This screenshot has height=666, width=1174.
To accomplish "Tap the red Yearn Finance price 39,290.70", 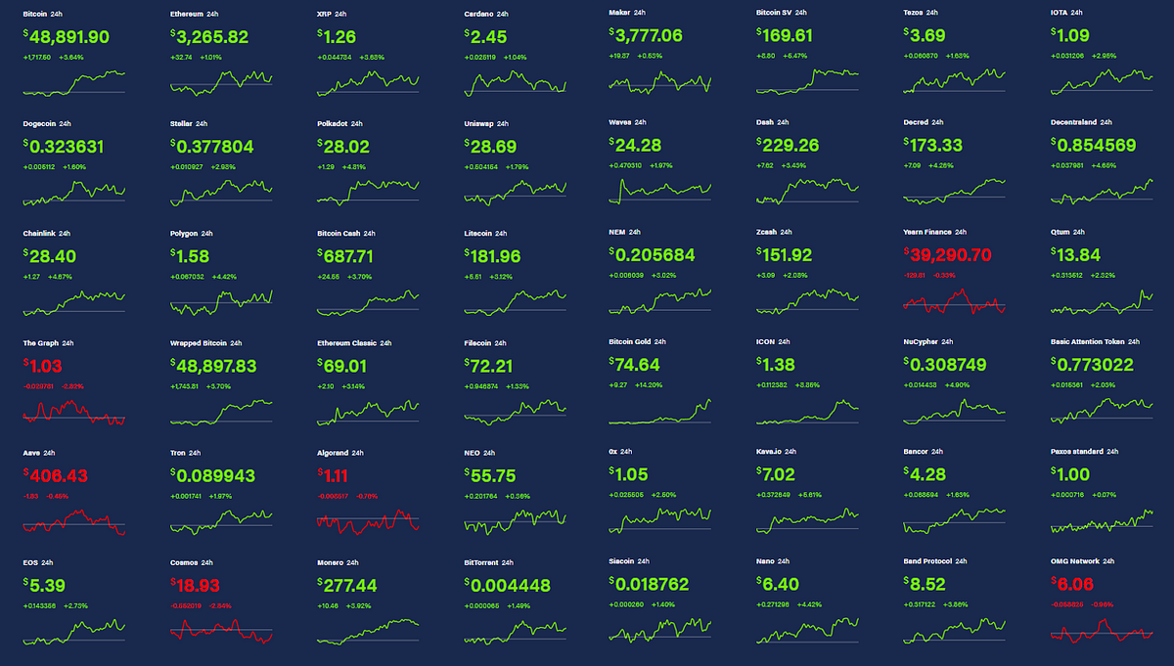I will coord(950,255).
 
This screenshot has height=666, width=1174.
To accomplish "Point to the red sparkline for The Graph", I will coord(73,413).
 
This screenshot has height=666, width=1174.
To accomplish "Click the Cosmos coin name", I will coord(184,562).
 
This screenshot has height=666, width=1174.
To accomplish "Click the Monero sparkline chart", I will coord(368,631).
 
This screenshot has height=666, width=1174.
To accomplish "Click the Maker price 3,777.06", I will coord(649,36).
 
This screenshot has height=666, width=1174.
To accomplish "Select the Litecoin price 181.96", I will coord(495,255).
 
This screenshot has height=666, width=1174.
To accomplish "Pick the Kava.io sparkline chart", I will coord(807,520).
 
